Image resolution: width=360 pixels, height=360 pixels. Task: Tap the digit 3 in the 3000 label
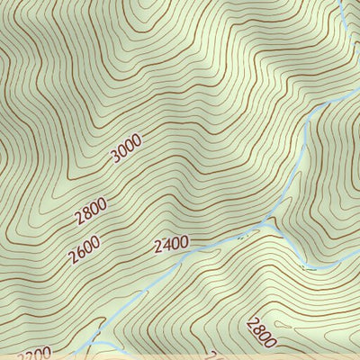point(115,158)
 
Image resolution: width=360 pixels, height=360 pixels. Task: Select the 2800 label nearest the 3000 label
point(91,210)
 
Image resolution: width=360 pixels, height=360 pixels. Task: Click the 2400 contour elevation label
point(171,243)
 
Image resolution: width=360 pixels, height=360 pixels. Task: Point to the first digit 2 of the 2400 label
point(157,245)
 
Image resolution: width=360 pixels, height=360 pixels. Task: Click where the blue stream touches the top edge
point(340,2)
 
